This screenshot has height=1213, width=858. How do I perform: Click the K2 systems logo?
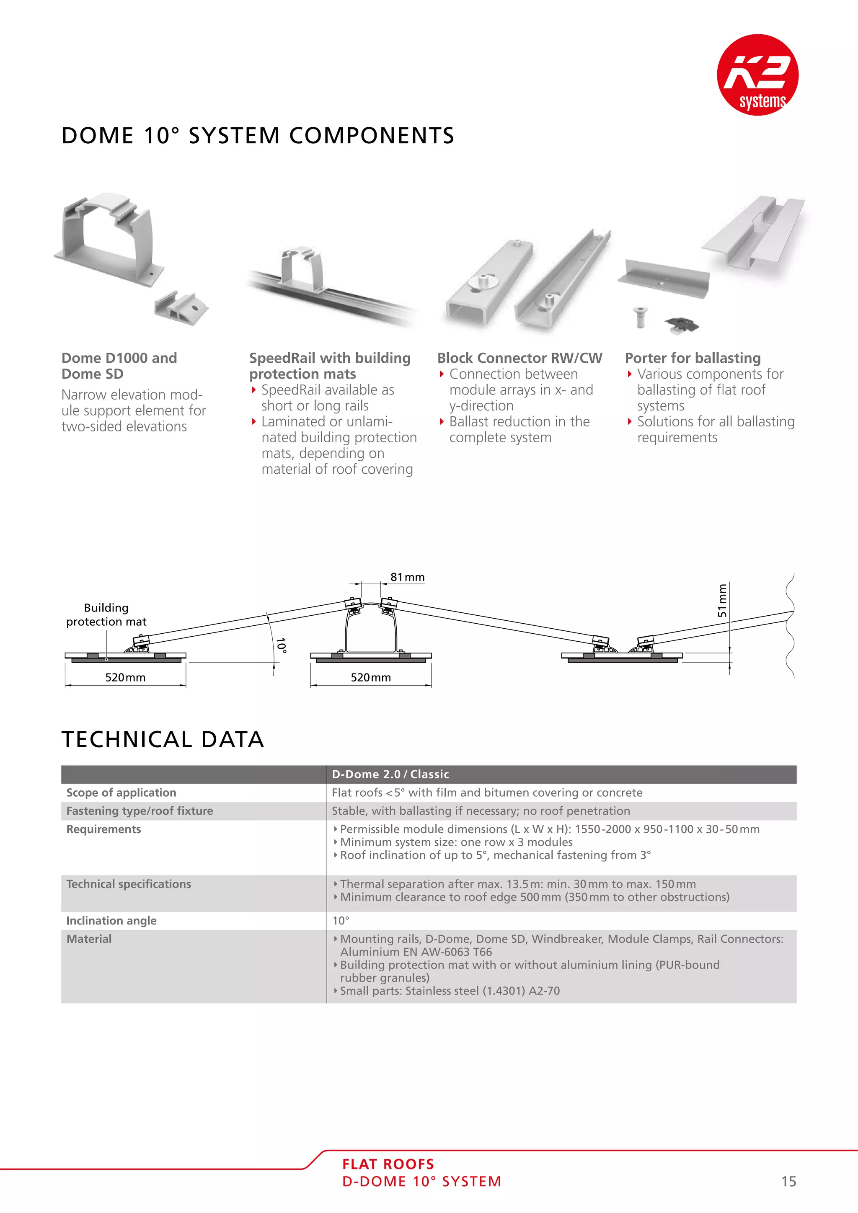(x=757, y=75)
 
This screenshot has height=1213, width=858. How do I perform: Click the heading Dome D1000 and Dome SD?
(x=119, y=366)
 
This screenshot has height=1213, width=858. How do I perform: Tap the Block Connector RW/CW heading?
(x=519, y=358)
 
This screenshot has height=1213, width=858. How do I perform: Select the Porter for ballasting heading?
(x=693, y=358)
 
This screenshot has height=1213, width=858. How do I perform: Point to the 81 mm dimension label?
(x=407, y=577)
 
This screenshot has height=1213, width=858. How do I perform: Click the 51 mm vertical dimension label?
(x=722, y=601)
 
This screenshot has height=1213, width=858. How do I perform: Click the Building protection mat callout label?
(x=106, y=614)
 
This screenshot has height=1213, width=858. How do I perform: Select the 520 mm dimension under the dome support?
(x=370, y=677)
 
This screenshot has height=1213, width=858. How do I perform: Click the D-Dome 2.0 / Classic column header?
(x=390, y=774)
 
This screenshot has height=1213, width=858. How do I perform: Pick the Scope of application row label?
(x=121, y=792)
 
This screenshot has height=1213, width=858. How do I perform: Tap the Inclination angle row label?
(x=111, y=920)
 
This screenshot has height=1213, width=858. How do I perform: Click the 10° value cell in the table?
(x=341, y=920)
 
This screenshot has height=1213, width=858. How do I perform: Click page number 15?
(x=788, y=1181)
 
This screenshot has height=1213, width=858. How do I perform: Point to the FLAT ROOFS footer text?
(x=388, y=1164)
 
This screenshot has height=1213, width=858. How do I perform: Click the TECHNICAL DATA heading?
(x=162, y=739)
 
